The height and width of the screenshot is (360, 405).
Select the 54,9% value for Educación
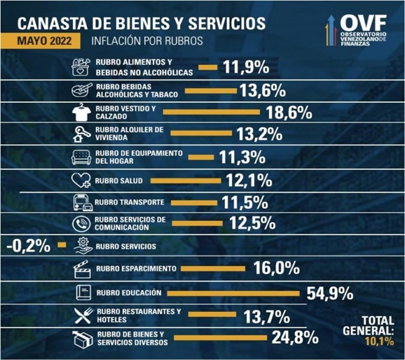(x=330, y=292)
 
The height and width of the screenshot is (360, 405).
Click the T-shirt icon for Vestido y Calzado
(x=82, y=112)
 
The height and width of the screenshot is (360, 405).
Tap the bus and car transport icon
(x=82, y=202)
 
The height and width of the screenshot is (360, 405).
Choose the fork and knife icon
(x=82, y=316)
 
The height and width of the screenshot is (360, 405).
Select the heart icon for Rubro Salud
(x=82, y=181)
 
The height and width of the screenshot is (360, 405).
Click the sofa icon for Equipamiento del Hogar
(x=82, y=157)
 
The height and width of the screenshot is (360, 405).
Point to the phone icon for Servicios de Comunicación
(x=82, y=224)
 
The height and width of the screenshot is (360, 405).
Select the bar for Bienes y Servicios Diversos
(x=219, y=338)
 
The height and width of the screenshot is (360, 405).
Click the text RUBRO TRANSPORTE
(x=129, y=202)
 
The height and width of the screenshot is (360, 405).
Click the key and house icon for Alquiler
(x=82, y=134)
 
